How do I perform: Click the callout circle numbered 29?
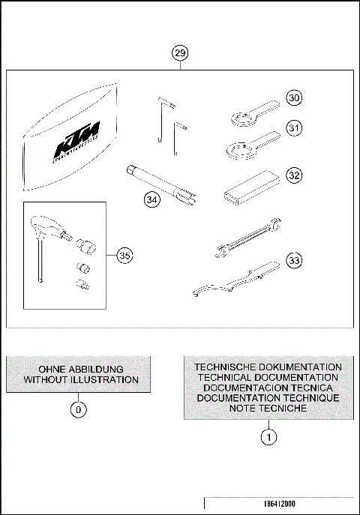pyautogui.click(x=179, y=53)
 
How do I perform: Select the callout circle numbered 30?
pyautogui.click(x=295, y=98)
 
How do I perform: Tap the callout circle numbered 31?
pyautogui.click(x=295, y=129)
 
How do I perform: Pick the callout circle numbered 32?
pyautogui.click(x=295, y=175)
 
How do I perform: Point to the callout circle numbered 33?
pyautogui.click(x=295, y=260)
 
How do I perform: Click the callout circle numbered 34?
pyautogui.click(x=153, y=199)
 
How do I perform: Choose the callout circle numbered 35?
pyautogui.click(x=125, y=256)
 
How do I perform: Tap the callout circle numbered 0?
pyautogui.click(x=80, y=410)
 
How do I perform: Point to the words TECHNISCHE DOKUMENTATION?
pyautogui.click(x=268, y=367)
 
